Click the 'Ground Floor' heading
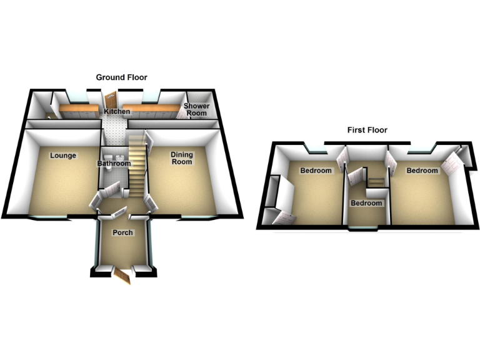(x=121, y=77)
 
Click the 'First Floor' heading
(x=367, y=130)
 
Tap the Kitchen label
(x=117, y=112)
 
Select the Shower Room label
(x=196, y=109)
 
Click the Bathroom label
(x=114, y=164)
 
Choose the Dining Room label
(x=182, y=159)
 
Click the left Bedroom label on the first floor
(x=316, y=171)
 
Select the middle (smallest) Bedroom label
(x=366, y=203)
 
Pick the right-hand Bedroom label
(x=422, y=171)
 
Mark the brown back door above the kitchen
(x=111, y=100)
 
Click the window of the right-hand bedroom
(x=422, y=151)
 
